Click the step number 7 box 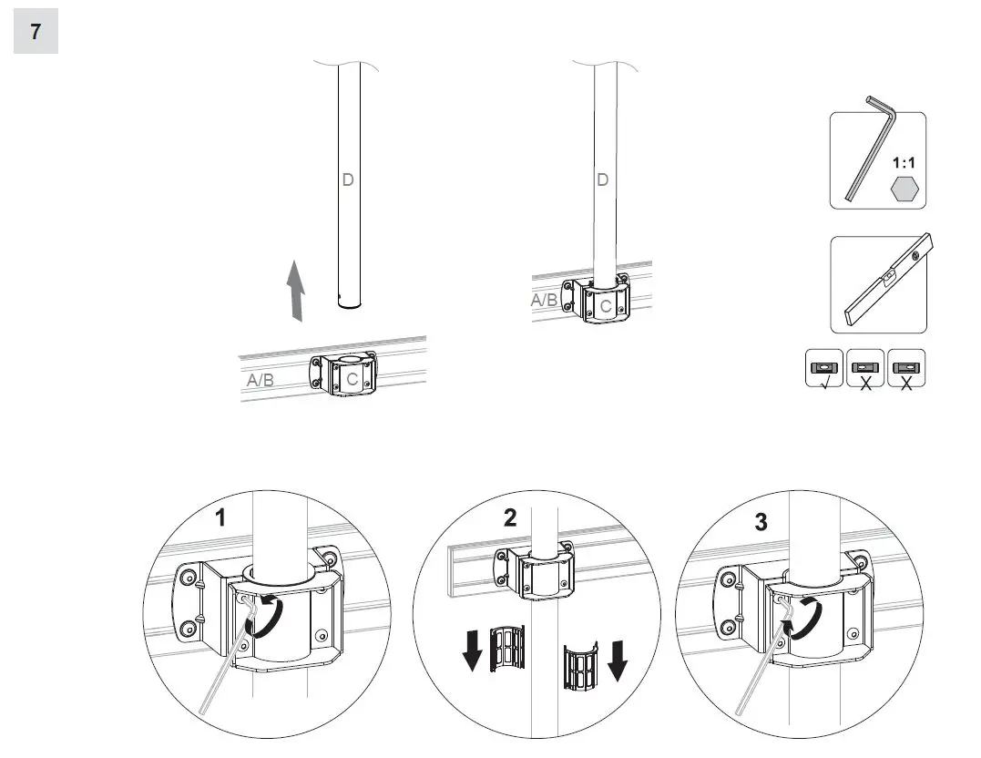(36, 32)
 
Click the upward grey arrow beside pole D (294, 290)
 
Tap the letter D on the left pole (347, 179)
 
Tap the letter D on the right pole (601, 179)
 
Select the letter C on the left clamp (352, 380)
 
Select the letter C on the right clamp (606, 307)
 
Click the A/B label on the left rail (261, 380)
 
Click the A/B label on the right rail (546, 300)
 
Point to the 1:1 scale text (904, 163)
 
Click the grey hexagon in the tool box (904, 189)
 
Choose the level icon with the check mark (824, 369)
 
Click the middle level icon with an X (865, 369)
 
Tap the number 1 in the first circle (220, 518)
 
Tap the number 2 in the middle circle (510, 517)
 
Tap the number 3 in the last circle (761, 522)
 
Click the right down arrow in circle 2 (617, 661)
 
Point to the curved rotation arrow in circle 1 (270, 617)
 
